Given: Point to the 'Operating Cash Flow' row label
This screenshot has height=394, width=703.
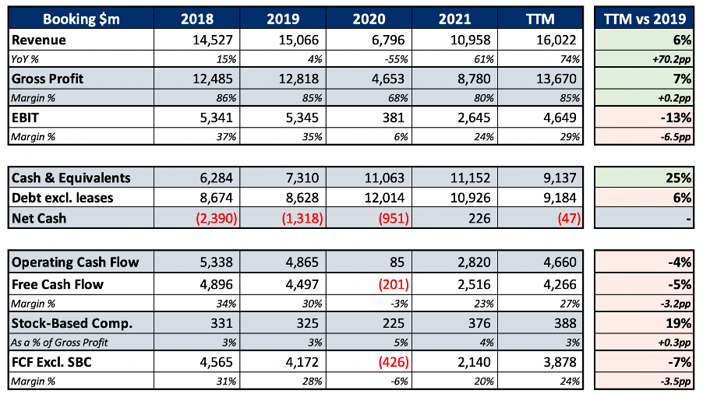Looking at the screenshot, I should [75, 262].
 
